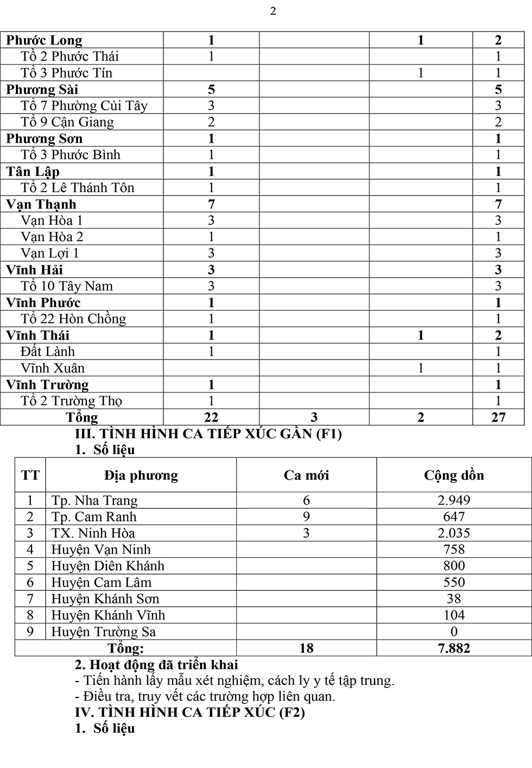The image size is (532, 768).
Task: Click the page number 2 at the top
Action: click(x=273, y=11)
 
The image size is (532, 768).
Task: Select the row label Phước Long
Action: click(x=44, y=40)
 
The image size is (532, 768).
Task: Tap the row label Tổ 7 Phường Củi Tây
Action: click(x=84, y=105)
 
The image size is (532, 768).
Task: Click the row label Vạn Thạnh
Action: click(x=41, y=204)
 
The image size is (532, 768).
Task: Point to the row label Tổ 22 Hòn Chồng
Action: click(x=73, y=319)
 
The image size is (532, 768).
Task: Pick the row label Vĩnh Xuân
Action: click(x=53, y=368)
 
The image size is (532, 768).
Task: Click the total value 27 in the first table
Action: click(x=498, y=417)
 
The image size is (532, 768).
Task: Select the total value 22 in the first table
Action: click(x=211, y=417)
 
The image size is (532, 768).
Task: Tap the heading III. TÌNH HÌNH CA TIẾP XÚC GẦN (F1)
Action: click(x=208, y=433)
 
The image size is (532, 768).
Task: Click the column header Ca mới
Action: click(x=306, y=475)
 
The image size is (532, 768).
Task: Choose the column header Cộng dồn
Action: click(x=454, y=475)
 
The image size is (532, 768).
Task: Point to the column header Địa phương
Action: click(x=141, y=475)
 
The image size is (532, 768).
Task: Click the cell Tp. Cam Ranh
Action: click(x=94, y=517)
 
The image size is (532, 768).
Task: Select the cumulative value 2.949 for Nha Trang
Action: click(x=454, y=500)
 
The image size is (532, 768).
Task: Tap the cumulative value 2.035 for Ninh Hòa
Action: click(x=454, y=533)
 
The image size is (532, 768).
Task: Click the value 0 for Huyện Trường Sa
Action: click(x=454, y=632)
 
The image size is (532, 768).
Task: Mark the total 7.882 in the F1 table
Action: click(x=454, y=648)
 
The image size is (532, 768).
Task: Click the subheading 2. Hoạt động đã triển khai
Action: click(x=156, y=664)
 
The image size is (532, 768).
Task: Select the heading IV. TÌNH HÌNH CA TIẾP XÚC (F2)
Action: click(x=190, y=712)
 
